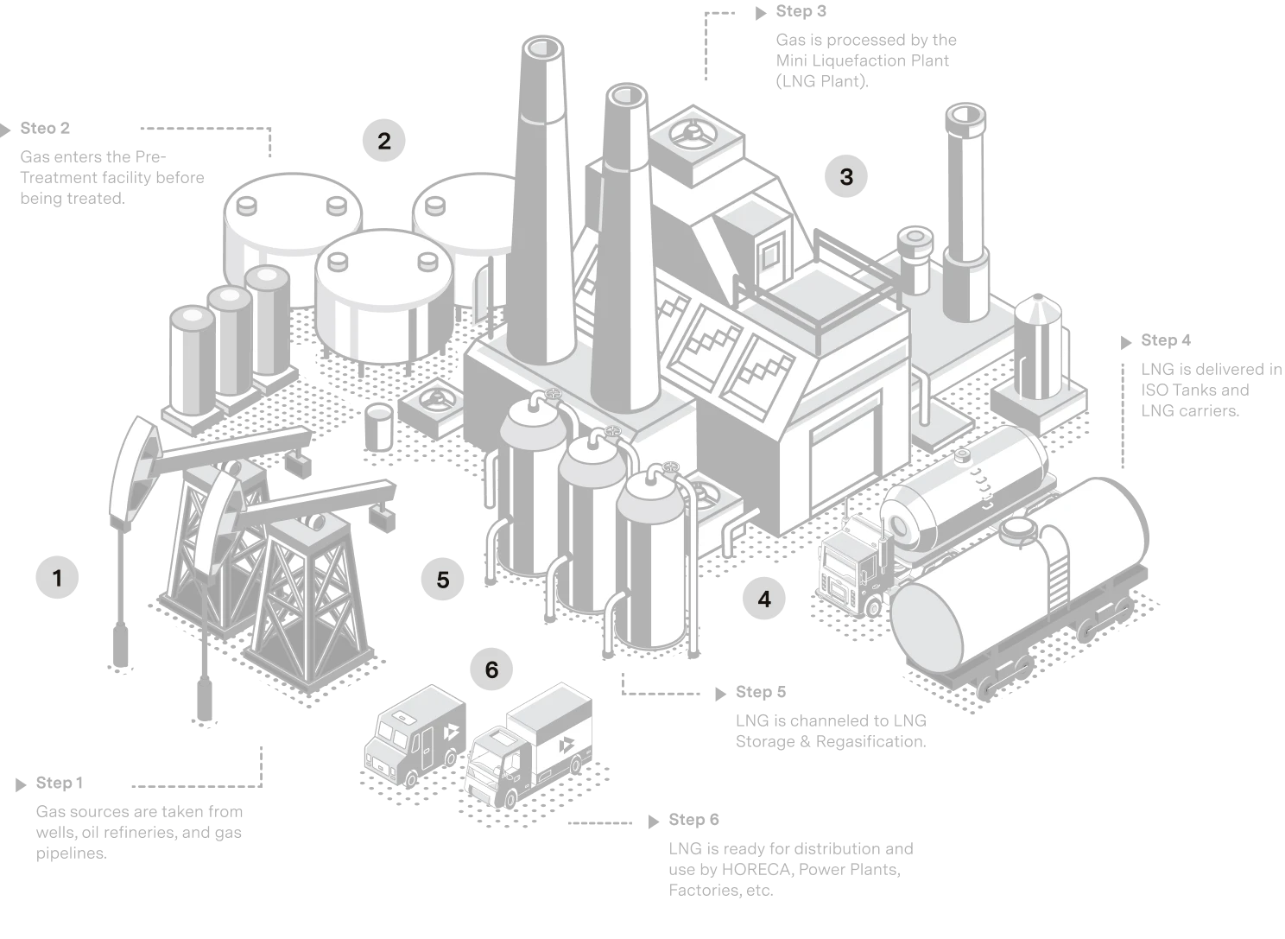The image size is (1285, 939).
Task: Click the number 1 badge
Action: (x=59, y=576)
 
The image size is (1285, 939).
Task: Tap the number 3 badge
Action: (x=846, y=176)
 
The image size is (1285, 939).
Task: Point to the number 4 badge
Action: (x=764, y=598)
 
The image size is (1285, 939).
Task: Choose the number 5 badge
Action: (x=443, y=580)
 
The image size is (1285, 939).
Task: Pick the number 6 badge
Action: (x=492, y=669)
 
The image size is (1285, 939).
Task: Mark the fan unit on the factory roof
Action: (x=693, y=135)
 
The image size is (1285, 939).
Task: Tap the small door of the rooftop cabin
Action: (x=768, y=251)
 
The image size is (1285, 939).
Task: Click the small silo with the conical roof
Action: (x=1039, y=346)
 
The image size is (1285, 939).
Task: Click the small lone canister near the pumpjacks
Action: (x=379, y=428)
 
